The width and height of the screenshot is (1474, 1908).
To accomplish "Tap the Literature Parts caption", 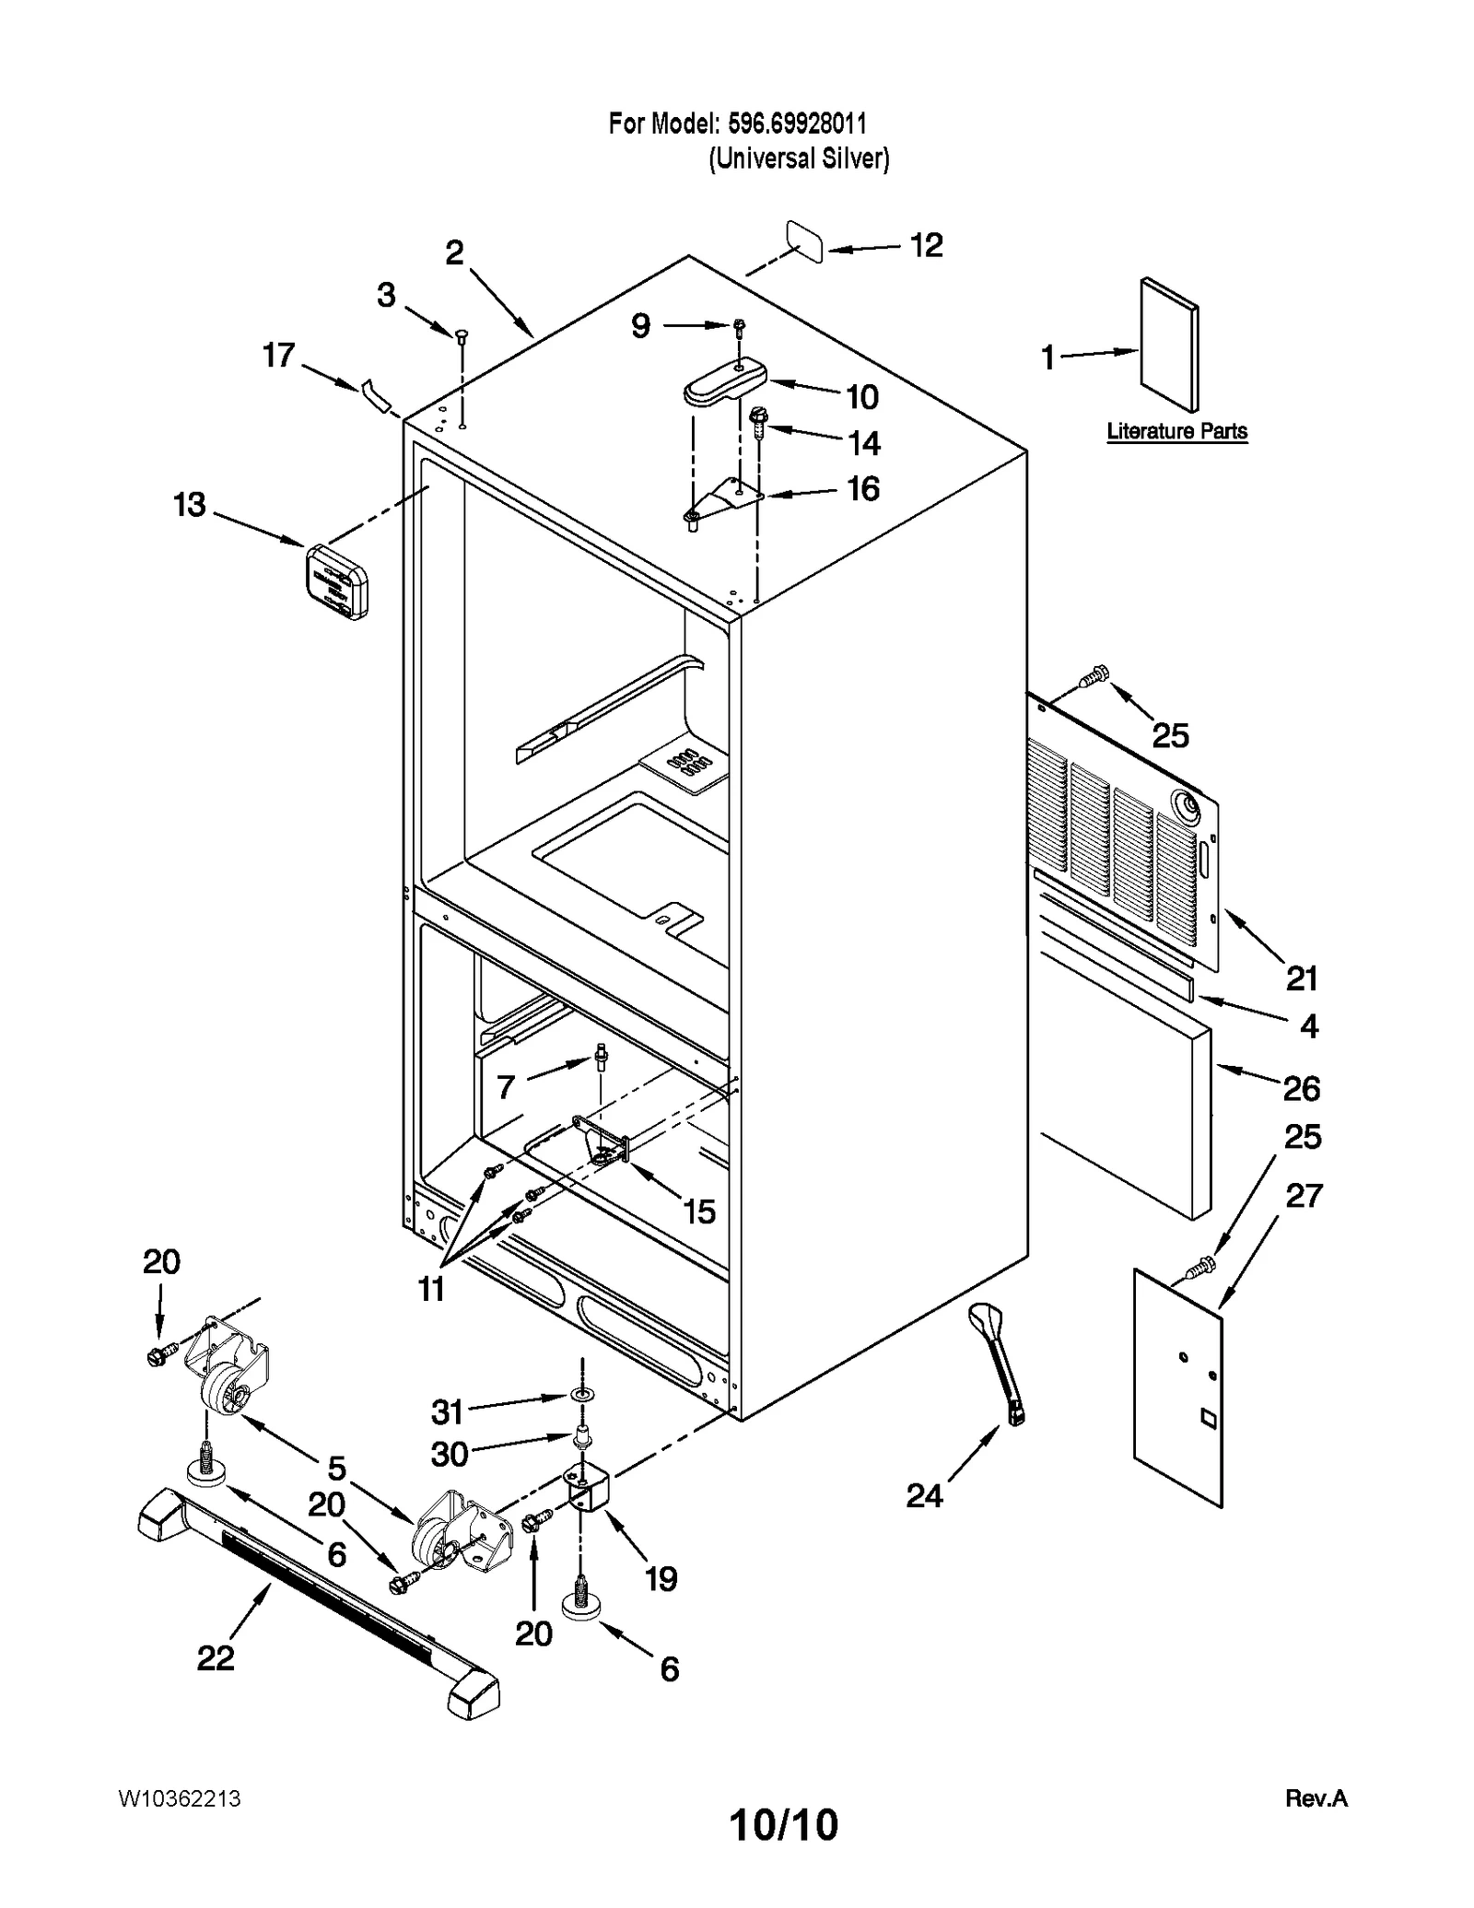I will [x=1176, y=431].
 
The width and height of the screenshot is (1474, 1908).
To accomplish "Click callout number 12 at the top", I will [x=926, y=246].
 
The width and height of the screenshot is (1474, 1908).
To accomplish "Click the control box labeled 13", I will [x=336, y=581].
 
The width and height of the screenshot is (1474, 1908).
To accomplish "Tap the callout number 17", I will [x=278, y=356].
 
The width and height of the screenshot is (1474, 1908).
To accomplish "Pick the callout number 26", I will [x=1301, y=1089].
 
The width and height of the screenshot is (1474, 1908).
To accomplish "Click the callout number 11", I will [x=431, y=1289].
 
